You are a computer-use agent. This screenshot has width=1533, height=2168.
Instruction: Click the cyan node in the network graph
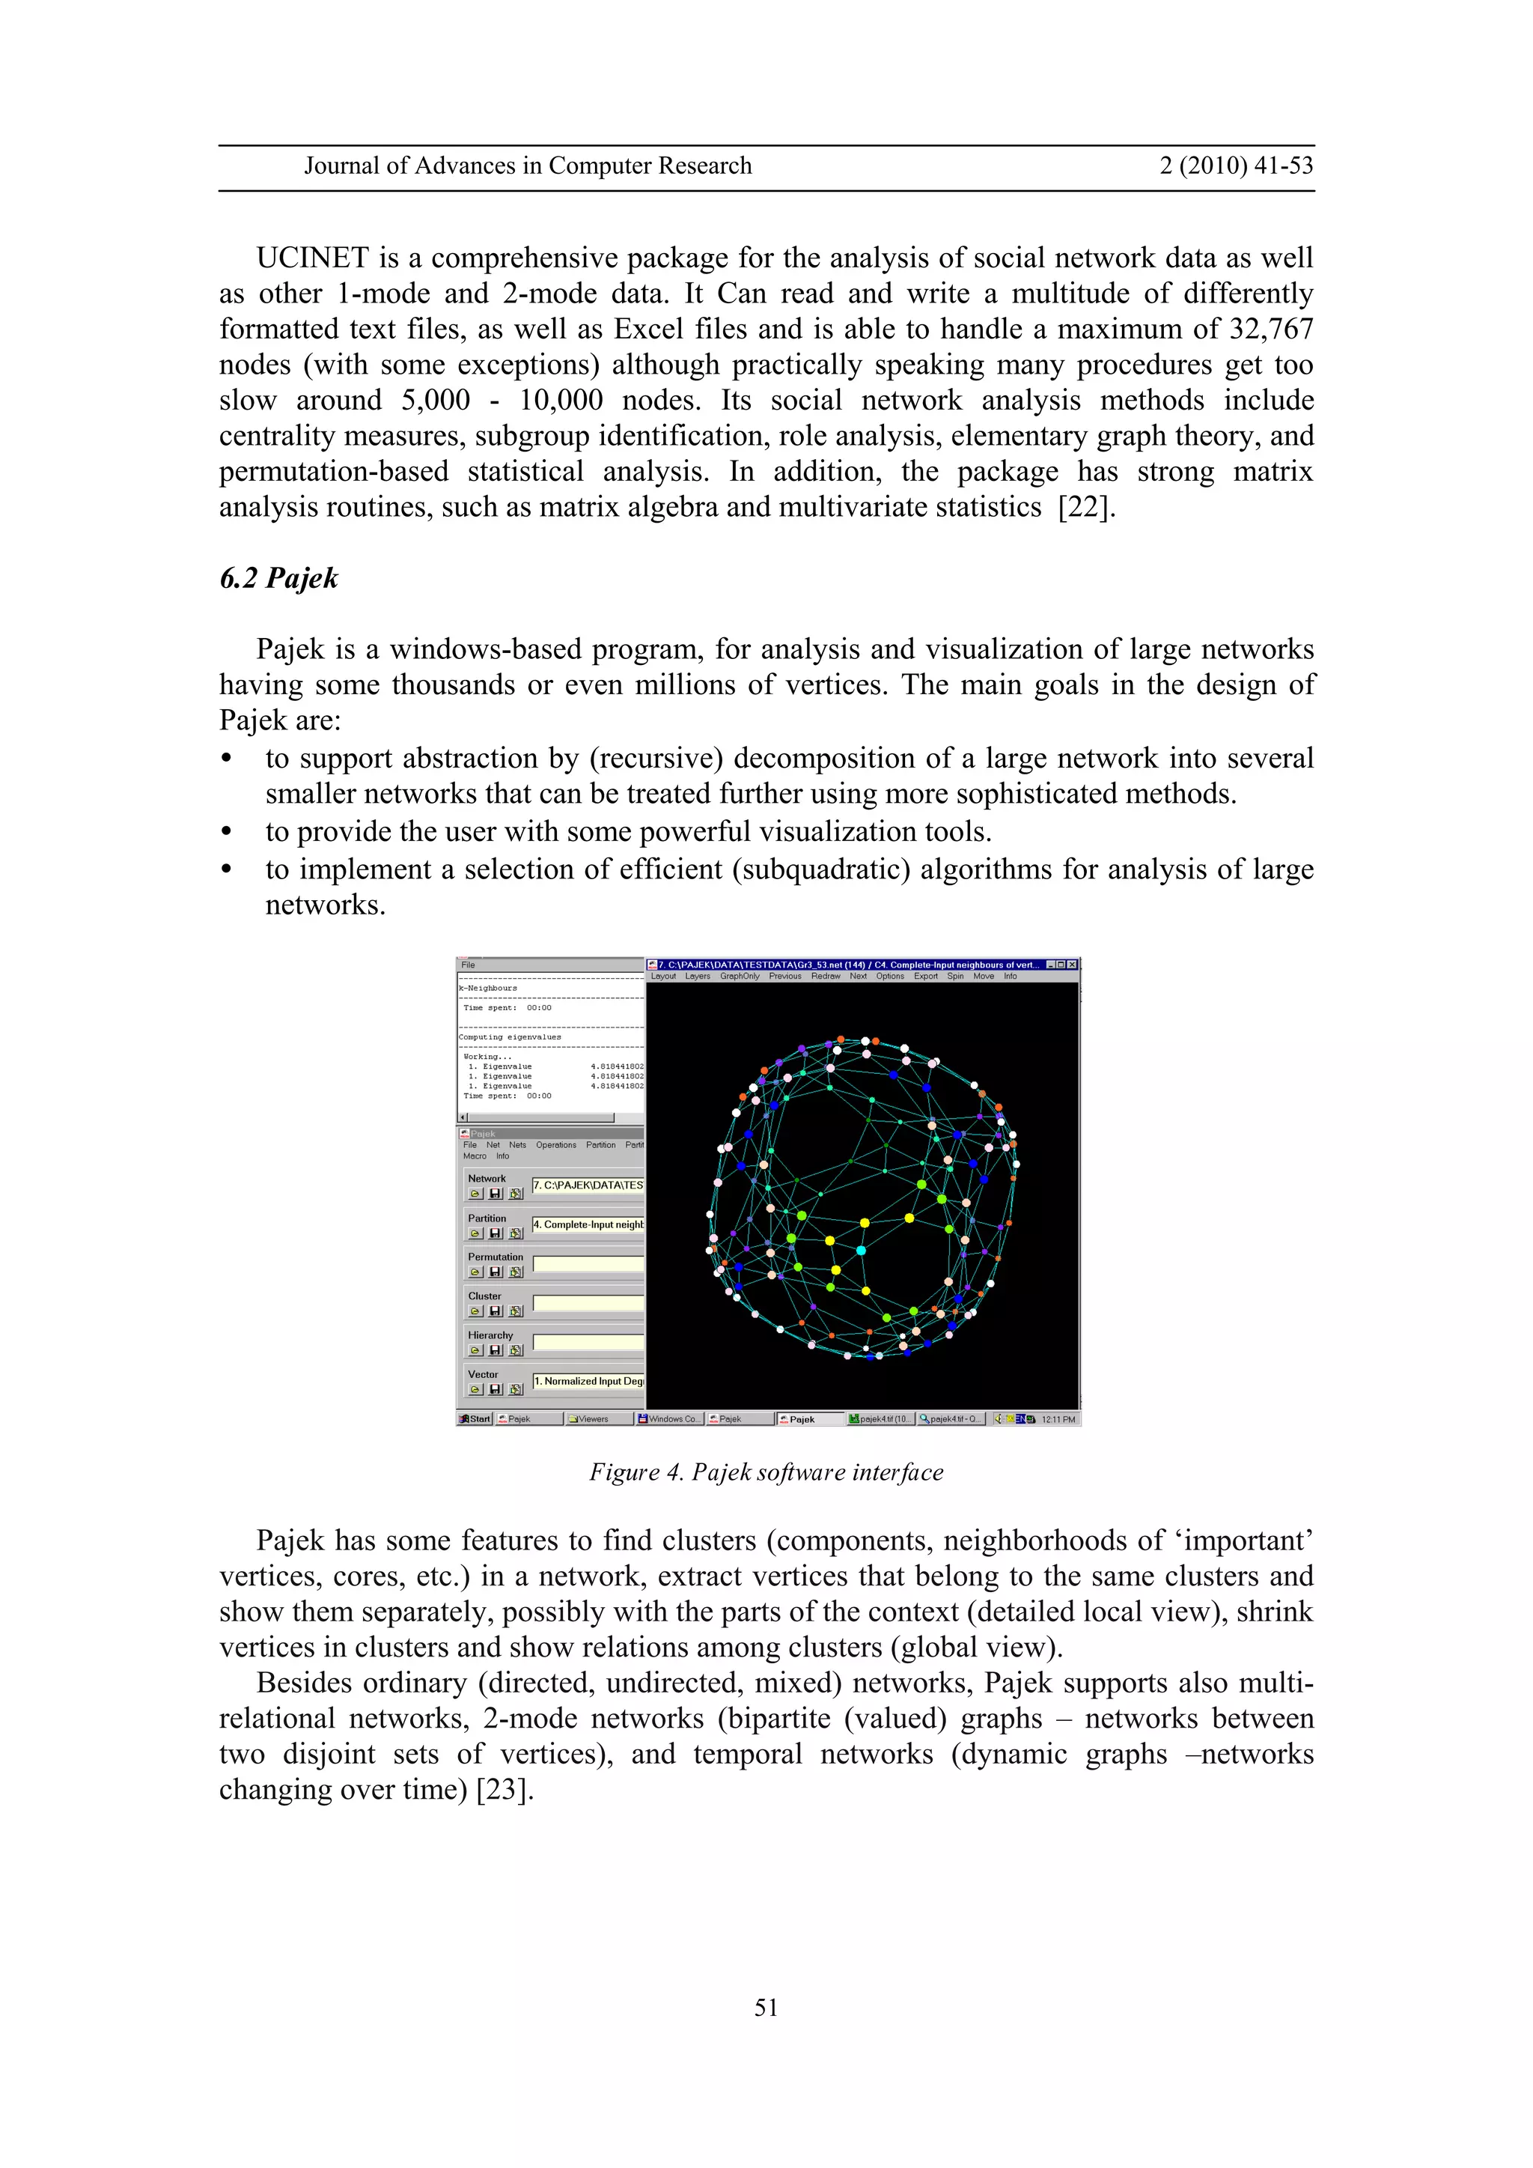(861, 1250)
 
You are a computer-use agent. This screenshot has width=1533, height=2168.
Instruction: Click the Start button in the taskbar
(475, 1419)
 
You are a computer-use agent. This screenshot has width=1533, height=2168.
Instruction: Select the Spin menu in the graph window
(955, 977)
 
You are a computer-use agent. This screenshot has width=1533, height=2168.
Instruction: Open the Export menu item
(925, 977)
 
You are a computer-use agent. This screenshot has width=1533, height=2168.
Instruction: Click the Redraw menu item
(825, 977)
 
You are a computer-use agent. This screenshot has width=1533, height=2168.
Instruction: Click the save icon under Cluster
(496, 1311)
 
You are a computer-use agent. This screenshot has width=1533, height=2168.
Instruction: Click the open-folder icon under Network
(476, 1194)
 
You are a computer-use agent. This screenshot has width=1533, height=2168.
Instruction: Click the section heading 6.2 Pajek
(278, 578)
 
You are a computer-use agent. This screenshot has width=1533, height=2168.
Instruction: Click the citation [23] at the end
(505, 1789)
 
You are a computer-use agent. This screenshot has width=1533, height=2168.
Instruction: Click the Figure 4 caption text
(766, 1472)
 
